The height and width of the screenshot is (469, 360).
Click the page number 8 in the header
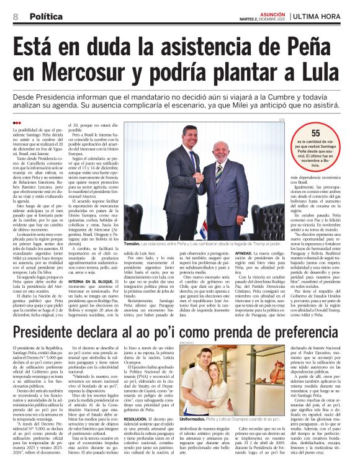click(x=14, y=17)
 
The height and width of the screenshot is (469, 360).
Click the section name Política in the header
click(x=44, y=17)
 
